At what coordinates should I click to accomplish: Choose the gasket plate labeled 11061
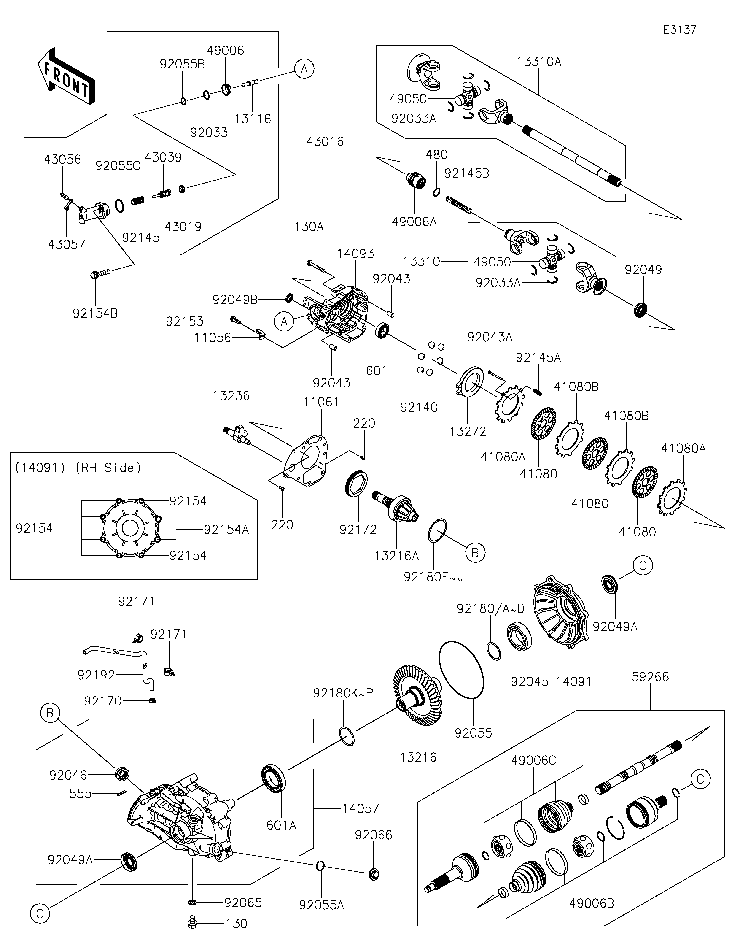[306, 461]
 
